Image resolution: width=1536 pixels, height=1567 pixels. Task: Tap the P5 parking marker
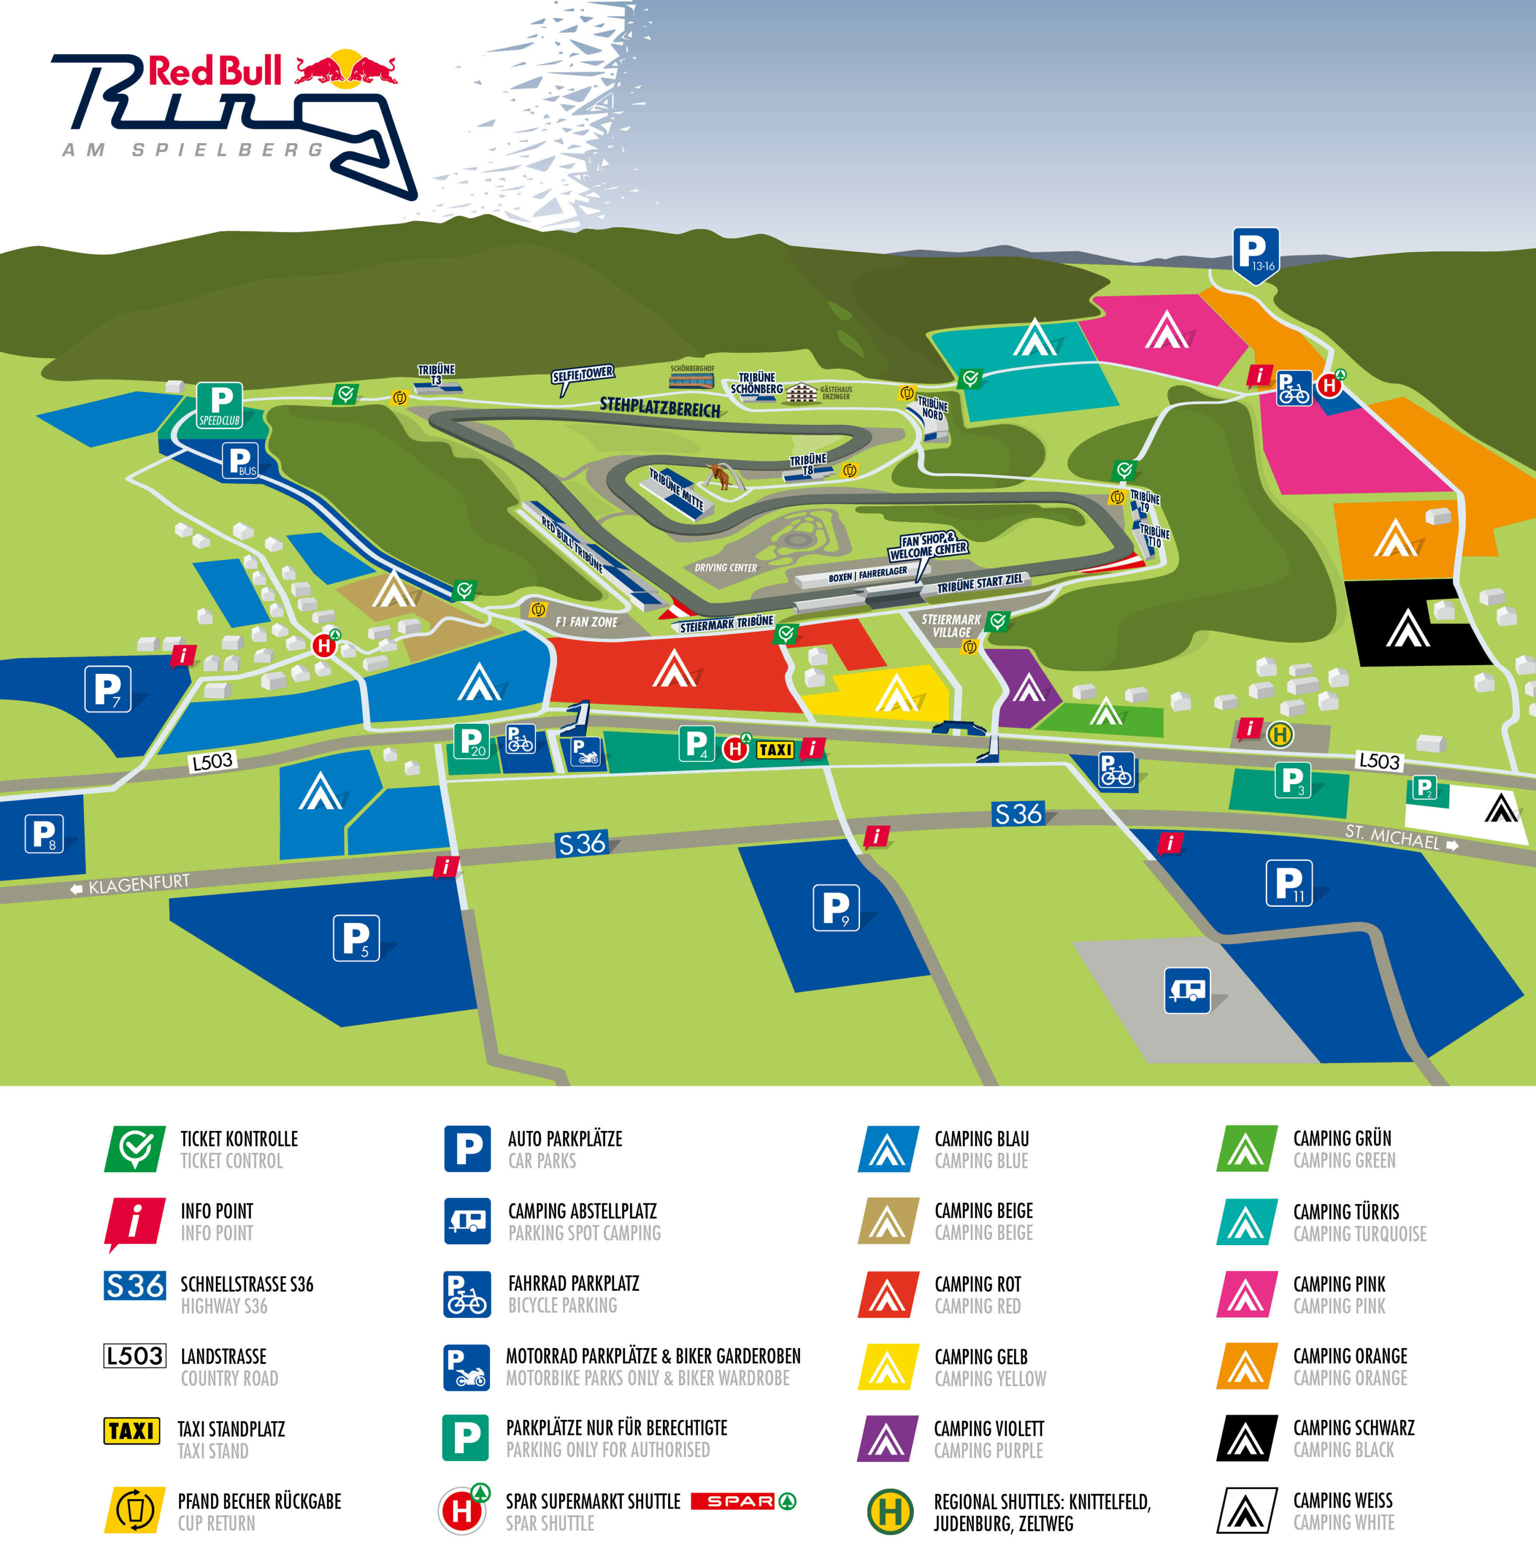click(x=356, y=937)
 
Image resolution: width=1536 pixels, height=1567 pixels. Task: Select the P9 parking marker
click(x=836, y=907)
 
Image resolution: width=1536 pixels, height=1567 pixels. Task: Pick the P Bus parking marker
click(x=240, y=461)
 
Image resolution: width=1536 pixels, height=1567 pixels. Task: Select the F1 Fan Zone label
click(x=587, y=622)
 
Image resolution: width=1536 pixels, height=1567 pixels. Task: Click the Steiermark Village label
click(x=951, y=626)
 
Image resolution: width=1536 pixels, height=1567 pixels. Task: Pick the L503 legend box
click(x=135, y=1355)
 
